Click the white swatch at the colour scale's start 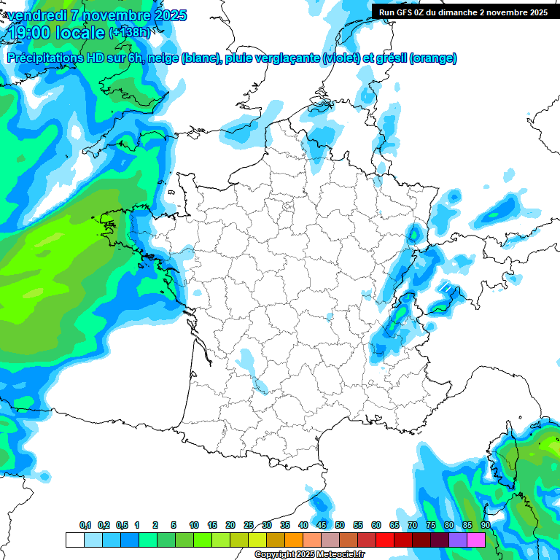74,540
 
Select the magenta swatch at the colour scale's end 476,540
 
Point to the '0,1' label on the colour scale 85,525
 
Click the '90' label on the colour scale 485,525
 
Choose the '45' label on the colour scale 322,525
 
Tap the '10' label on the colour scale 193,525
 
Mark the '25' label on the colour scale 249,525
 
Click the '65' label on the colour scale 394,525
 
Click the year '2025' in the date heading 167,15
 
